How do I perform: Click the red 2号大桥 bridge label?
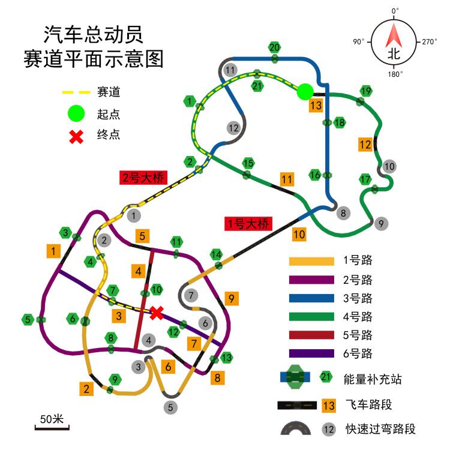pyautogui.click(x=143, y=178)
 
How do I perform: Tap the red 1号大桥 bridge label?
pyautogui.click(x=248, y=224)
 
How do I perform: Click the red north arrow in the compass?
pyautogui.click(x=394, y=35)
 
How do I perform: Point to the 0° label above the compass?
pyautogui.click(x=395, y=11)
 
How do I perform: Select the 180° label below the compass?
pyautogui.click(x=395, y=74)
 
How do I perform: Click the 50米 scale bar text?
pyautogui.click(x=52, y=419)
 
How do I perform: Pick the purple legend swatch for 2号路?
pyautogui.click(x=311, y=280)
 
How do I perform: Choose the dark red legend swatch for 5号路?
pyautogui.click(x=311, y=335)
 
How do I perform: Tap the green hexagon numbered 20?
pyautogui.click(x=275, y=47)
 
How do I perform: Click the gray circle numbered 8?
pyautogui.click(x=343, y=213)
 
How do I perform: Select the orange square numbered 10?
pyautogui.click(x=299, y=235)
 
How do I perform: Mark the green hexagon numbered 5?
pyautogui.click(x=28, y=319)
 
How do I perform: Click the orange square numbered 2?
pyautogui.click(x=86, y=389)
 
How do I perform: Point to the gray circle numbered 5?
pyautogui.click(x=170, y=407)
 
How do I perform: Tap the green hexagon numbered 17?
pyautogui.click(x=365, y=179)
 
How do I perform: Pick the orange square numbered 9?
pyautogui.click(x=232, y=299)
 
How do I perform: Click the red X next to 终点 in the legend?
pyautogui.click(x=76, y=137)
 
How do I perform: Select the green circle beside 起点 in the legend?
pyautogui.click(x=76, y=113)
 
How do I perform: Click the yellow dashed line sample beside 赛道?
pyautogui.click(x=76, y=92)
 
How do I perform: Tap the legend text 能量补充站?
pyautogui.click(x=373, y=379)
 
